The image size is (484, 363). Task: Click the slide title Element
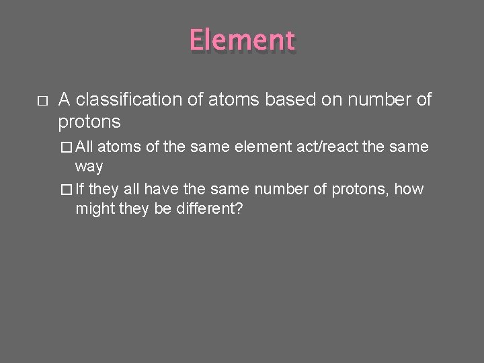pos(242,40)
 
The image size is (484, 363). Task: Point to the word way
pos(89,165)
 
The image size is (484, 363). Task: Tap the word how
pos(410,189)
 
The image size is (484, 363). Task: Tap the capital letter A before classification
pos(64,101)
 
